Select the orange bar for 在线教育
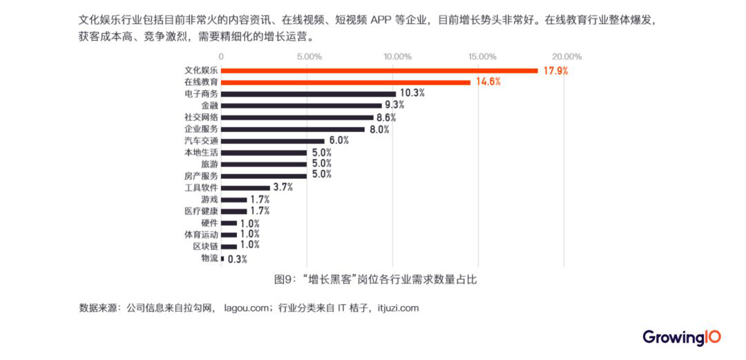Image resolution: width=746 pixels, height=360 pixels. (x=345, y=82)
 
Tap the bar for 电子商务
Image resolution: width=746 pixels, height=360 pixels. (x=308, y=93)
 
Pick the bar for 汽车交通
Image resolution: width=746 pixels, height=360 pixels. (x=272, y=140)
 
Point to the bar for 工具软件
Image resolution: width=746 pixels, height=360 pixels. (x=245, y=187)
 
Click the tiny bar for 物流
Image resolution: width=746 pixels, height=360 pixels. (x=222, y=258)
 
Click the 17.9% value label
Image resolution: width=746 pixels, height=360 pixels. (x=555, y=70)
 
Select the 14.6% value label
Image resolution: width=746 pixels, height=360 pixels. (x=488, y=82)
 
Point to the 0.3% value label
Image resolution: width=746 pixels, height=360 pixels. (x=237, y=259)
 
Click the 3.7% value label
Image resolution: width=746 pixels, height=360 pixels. (x=283, y=187)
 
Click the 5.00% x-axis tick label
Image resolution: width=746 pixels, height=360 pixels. (x=307, y=56)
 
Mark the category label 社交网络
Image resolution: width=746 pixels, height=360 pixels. (x=201, y=117)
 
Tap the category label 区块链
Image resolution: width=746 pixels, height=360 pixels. (x=206, y=246)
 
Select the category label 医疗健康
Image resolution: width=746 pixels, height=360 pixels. (x=201, y=211)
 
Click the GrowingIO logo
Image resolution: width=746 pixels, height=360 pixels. (x=682, y=337)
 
